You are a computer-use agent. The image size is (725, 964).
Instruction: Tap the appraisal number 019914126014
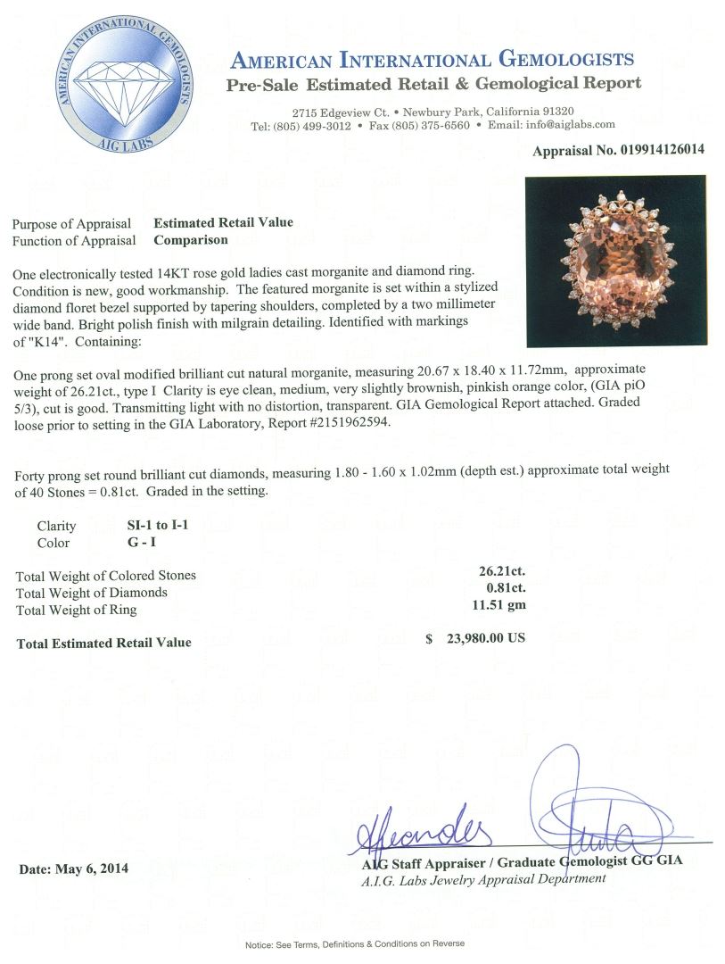click(658, 150)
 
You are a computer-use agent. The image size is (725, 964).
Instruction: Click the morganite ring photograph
click(614, 261)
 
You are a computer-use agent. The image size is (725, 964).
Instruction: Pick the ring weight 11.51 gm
click(502, 605)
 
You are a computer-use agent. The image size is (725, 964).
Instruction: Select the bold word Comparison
click(190, 239)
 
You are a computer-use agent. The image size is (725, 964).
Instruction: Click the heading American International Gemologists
click(432, 61)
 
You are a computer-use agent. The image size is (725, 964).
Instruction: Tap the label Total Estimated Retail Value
click(103, 643)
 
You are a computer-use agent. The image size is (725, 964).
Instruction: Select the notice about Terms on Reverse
click(355, 943)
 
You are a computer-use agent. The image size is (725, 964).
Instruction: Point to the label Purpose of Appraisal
click(71, 223)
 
